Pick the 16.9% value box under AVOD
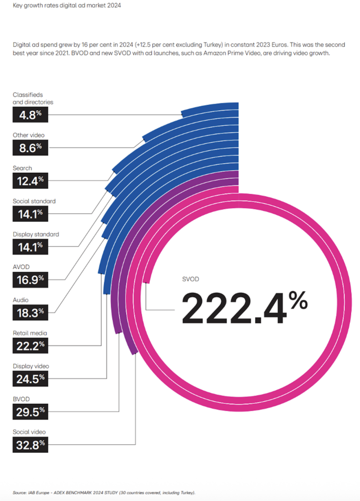pos(30,280)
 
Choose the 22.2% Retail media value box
pos(30,346)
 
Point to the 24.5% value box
pos(30,379)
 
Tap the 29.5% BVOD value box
pos(30,411)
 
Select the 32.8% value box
pos(30,445)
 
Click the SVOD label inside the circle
pos(190,279)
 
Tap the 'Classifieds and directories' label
pos(33,98)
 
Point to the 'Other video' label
pos(29,135)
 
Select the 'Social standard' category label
pos(34,201)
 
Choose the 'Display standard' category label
pos(36,234)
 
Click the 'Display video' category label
pos(31,366)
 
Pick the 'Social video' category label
pos(29,432)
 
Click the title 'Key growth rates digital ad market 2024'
pos(67,6)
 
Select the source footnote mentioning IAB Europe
pos(104,492)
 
